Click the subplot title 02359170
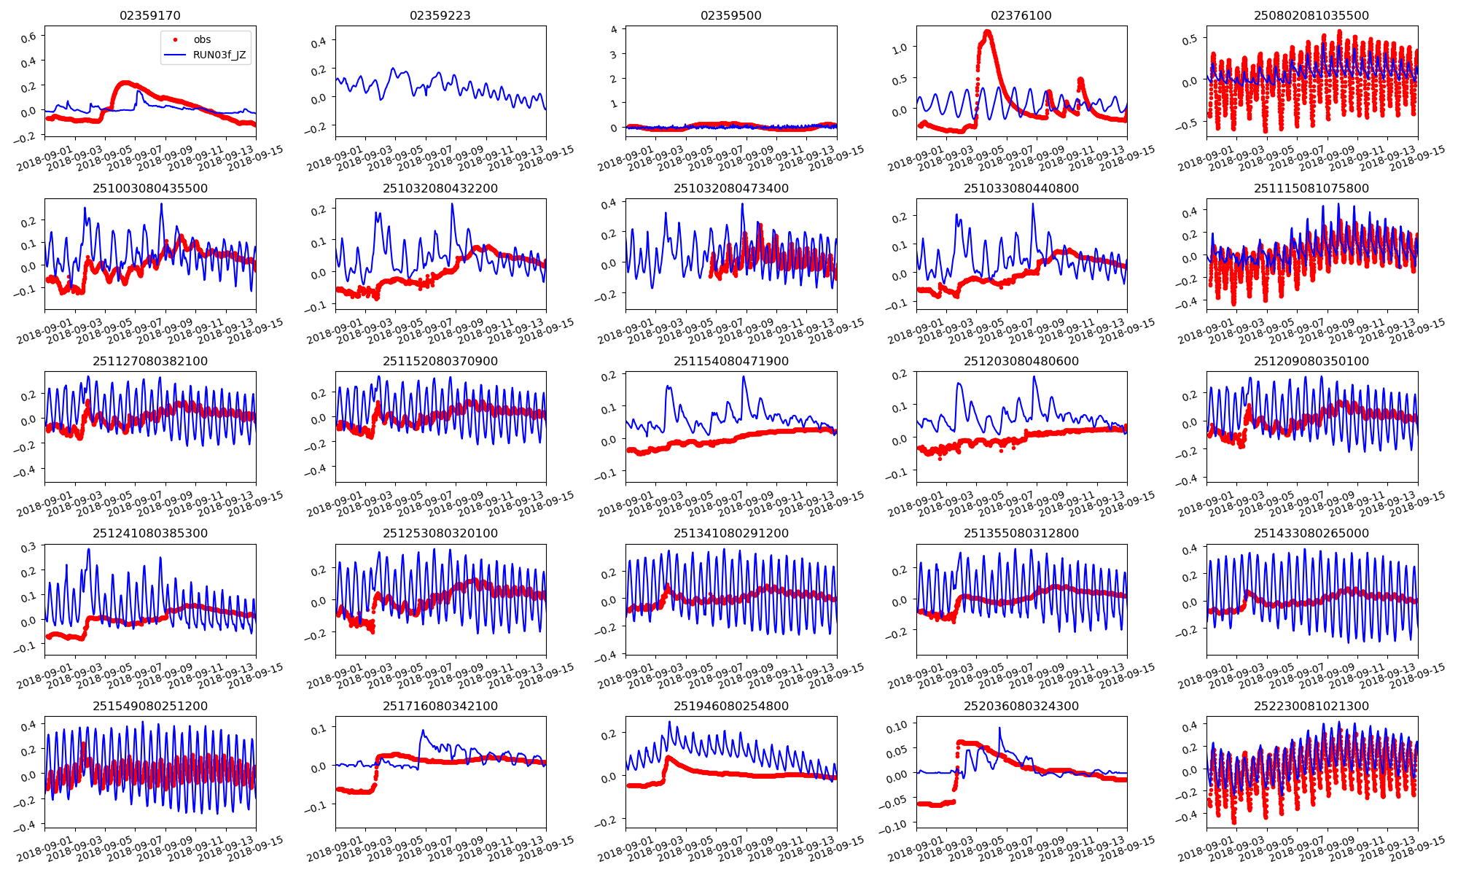click(x=149, y=15)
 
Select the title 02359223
click(x=440, y=15)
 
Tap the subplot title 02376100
click(x=1021, y=15)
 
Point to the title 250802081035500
click(x=1311, y=15)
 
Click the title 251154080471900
click(x=730, y=361)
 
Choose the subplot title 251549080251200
click(x=149, y=706)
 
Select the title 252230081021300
click(x=1311, y=706)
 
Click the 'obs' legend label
click(x=202, y=39)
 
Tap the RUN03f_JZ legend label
click(x=219, y=55)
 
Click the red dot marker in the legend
click(x=175, y=39)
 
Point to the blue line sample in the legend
click(x=175, y=55)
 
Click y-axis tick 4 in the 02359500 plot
click(x=614, y=30)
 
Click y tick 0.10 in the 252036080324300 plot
click(x=896, y=726)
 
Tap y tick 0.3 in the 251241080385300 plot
click(x=29, y=548)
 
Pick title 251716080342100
click(x=440, y=706)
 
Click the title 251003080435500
click(x=149, y=188)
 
